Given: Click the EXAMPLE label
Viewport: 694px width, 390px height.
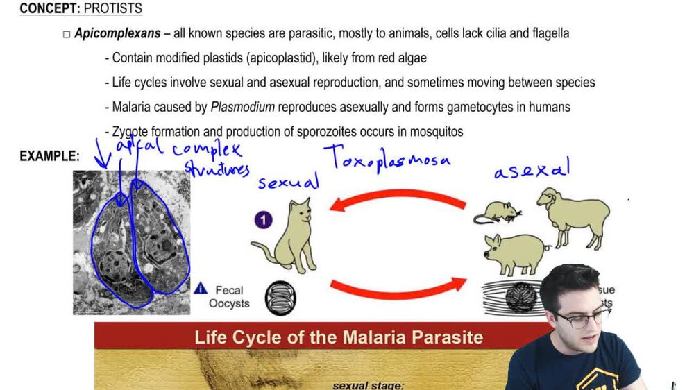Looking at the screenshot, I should pos(49,156).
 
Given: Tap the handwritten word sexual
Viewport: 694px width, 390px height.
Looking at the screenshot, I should pos(288,182).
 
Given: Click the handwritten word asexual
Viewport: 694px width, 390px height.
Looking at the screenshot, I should pos(532,169).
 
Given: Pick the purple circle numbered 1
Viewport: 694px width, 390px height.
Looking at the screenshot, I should pos(263,221).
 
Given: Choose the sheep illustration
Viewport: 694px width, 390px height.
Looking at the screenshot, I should pos(573,216).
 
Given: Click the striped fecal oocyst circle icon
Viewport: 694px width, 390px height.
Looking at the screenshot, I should pos(282,297).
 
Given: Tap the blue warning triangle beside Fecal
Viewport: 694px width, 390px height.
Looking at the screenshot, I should pos(201,288).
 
